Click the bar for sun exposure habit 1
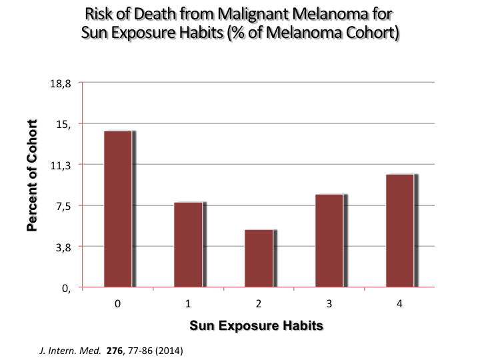click(x=188, y=245)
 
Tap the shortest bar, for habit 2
click(x=259, y=259)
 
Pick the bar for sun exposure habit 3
click(x=329, y=241)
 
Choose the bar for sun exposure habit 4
click(x=399, y=231)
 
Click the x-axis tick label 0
click(x=117, y=304)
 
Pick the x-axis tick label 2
click(x=259, y=304)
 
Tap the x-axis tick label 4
click(x=400, y=304)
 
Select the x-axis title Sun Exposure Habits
click(x=257, y=326)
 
